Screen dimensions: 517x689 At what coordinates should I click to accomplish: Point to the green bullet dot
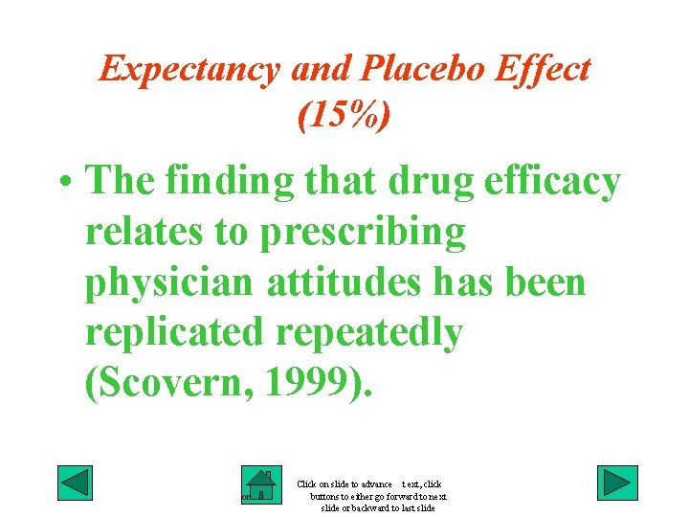(x=64, y=182)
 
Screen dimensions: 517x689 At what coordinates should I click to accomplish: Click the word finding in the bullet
(x=220, y=182)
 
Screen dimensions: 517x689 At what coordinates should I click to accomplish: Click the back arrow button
(x=75, y=483)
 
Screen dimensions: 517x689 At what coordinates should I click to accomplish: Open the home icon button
(x=259, y=485)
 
